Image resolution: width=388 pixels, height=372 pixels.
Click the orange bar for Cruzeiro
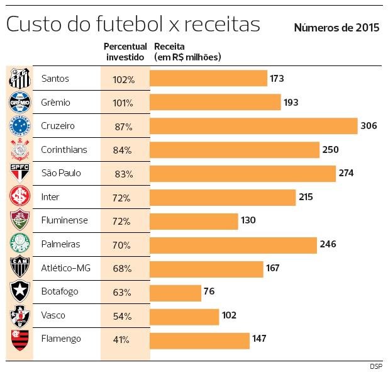click(x=253, y=126)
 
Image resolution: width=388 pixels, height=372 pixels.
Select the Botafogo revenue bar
click(x=175, y=292)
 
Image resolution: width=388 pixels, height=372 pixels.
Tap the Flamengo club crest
click(x=19, y=340)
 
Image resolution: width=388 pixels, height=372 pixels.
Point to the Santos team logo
click(x=19, y=79)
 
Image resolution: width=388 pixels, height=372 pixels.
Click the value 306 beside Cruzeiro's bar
click(x=369, y=126)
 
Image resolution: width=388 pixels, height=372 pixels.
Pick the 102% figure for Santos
click(x=125, y=79)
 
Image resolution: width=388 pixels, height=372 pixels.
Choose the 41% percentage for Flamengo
click(x=121, y=340)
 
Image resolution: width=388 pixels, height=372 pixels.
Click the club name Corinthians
click(x=64, y=150)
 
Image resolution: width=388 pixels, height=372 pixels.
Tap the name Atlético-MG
click(x=66, y=268)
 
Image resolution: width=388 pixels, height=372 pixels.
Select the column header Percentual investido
click(x=125, y=52)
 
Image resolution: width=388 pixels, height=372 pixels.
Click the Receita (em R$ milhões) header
click(x=187, y=52)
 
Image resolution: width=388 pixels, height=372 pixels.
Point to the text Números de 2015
click(x=336, y=28)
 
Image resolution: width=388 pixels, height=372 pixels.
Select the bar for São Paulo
click(x=243, y=173)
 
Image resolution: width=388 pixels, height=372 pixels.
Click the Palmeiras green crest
click(x=19, y=244)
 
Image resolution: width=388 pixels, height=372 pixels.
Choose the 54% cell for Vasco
click(x=121, y=316)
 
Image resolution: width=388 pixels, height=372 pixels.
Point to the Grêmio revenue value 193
click(x=291, y=102)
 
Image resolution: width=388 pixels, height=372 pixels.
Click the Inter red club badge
click(x=19, y=197)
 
